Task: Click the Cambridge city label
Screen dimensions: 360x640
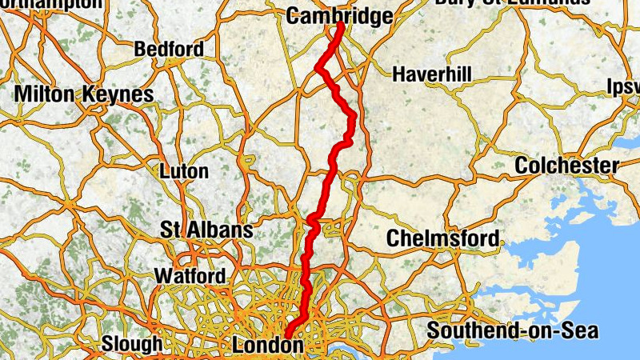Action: coord(340,16)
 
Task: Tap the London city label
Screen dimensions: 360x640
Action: coord(267,346)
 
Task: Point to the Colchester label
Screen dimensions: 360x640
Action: coord(566,166)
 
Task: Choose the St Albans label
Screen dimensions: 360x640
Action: coord(206,230)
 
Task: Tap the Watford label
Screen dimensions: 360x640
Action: coord(190,276)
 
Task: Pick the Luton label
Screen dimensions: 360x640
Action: coord(184,171)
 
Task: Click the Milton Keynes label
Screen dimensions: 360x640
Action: coord(84,94)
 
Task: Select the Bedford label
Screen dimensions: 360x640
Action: coord(169,50)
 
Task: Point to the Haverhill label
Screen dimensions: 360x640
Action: coord(432,75)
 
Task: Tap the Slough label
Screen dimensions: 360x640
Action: coord(131,345)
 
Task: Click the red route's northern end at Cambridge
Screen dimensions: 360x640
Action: coord(341,26)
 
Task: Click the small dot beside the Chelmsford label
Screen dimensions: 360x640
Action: coord(502,241)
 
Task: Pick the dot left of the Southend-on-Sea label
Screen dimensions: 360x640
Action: coord(422,330)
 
